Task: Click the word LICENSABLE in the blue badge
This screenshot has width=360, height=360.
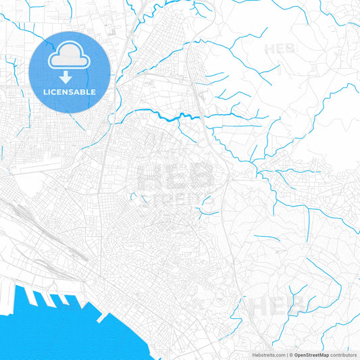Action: coord(70,92)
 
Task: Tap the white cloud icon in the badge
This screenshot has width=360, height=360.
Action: coord(70,57)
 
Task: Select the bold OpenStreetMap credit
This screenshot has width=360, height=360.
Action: coord(312,355)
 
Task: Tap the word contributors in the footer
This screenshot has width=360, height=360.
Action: coord(344,355)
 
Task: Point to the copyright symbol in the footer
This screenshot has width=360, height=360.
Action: coord(291,355)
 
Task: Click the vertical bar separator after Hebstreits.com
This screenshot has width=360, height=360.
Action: coord(286,355)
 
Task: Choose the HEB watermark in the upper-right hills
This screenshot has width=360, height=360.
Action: coord(281,49)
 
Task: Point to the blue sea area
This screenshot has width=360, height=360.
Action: coord(54,331)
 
